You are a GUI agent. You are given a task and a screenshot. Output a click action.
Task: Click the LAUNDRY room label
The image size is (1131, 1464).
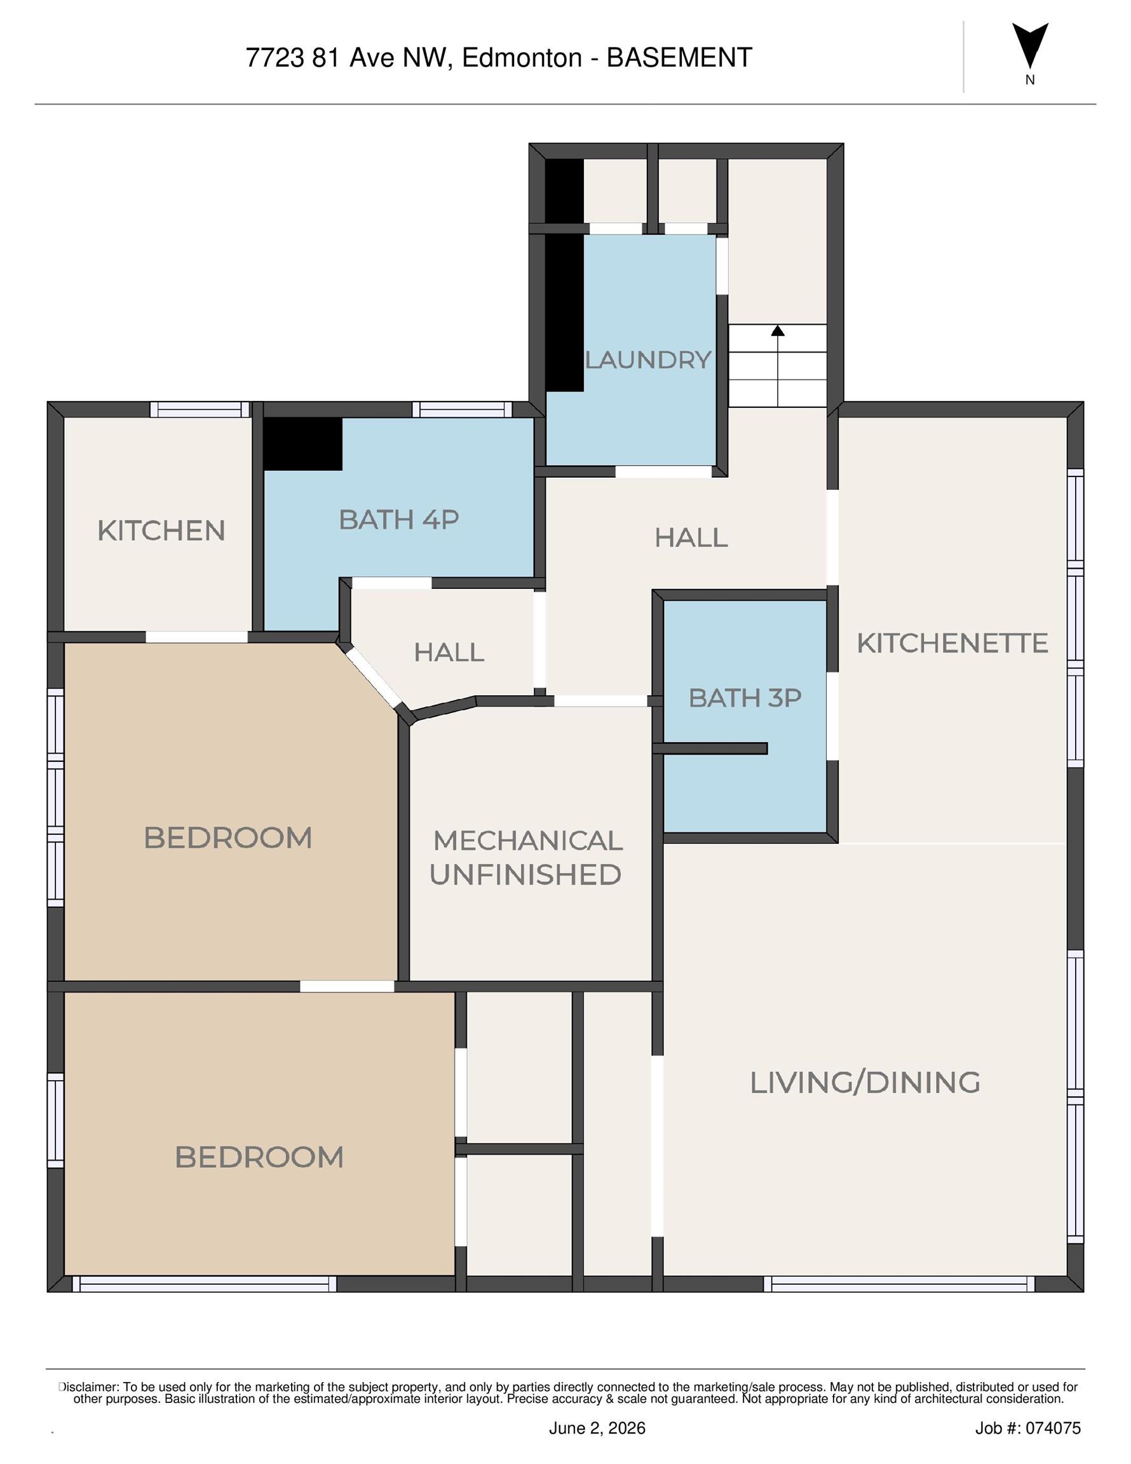click(647, 360)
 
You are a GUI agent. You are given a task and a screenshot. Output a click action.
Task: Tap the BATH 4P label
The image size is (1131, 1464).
click(399, 520)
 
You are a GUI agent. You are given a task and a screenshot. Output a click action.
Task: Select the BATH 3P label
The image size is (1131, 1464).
click(745, 698)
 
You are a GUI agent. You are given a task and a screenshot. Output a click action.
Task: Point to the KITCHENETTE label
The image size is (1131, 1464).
click(952, 643)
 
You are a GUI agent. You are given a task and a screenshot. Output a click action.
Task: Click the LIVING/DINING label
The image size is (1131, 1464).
click(865, 1083)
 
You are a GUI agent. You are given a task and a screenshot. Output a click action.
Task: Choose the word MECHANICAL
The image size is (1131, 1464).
click(528, 841)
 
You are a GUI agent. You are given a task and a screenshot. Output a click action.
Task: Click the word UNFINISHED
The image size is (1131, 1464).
click(525, 875)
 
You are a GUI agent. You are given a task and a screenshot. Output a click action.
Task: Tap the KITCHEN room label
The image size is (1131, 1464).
click(161, 531)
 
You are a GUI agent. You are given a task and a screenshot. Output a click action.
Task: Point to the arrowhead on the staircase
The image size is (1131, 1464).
click(778, 330)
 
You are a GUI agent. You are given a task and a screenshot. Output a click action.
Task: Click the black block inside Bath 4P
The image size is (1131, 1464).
click(302, 444)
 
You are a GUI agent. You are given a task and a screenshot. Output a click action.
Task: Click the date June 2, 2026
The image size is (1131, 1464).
click(597, 1428)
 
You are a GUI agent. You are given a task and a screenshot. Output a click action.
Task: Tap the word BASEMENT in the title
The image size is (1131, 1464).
click(679, 58)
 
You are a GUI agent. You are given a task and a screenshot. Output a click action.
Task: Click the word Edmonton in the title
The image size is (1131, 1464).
click(522, 58)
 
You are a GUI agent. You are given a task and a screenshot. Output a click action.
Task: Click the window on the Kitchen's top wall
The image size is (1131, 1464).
click(200, 410)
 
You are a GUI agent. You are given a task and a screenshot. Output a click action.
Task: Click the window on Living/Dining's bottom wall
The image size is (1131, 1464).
click(899, 1284)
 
